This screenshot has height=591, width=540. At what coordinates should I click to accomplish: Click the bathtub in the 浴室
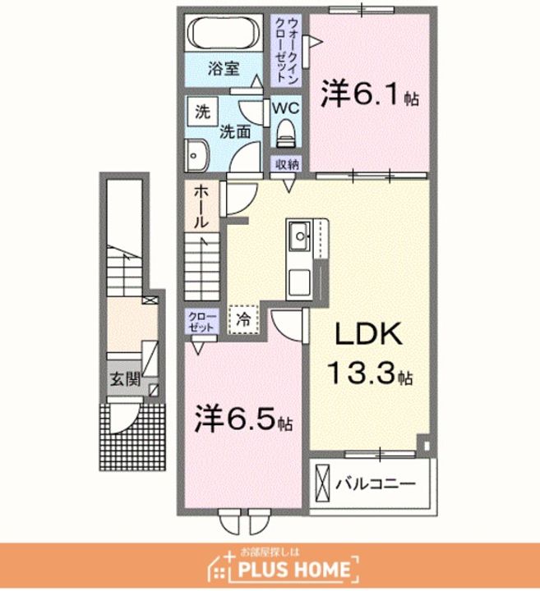pos(224,34)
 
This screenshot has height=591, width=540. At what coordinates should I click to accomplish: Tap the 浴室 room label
pos(224,69)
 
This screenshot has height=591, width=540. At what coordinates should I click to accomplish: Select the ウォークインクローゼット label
pos(287,51)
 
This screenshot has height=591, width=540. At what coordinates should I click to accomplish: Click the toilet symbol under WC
pos(286,134)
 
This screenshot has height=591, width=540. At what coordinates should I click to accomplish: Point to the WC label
pos(286,108)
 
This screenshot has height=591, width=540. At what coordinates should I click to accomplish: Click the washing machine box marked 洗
pos(203,111)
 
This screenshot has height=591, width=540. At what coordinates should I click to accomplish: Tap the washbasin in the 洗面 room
pos(196,155)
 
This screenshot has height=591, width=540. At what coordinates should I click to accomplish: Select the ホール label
pos(201,207)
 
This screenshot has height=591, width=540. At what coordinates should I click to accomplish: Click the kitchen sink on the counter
pos(300,236)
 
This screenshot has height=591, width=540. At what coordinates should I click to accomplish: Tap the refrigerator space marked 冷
pos(243,319)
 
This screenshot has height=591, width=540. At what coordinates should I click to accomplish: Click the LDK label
pos(369,334)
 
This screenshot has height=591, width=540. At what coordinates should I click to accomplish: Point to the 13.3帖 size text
pos(371,373)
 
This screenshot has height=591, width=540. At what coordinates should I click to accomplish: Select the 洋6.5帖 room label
pos(243,419)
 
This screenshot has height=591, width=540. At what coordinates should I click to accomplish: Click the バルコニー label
pos(376,483)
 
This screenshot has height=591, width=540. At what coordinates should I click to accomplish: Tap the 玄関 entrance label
pos(125,378)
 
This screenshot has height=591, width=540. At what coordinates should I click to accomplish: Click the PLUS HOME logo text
pos(294,570)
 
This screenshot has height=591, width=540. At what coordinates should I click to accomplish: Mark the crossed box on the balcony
pos(322,483)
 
